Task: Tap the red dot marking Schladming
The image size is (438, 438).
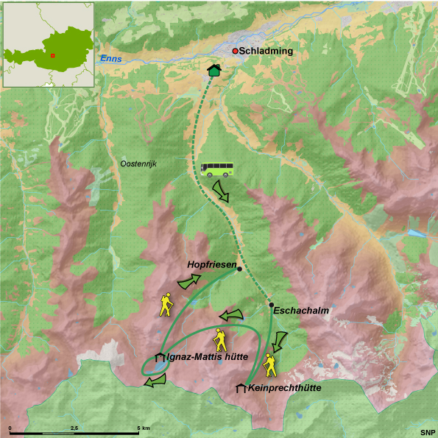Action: pyautogui.click(x=236, y=51)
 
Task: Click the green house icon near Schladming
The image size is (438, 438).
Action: pyautogui.click(x=214, y=70)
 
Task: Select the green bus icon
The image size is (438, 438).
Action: pyautogui.click(x=217, y=171)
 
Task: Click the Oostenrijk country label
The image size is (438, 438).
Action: pyautogui.click(x=139, y=163)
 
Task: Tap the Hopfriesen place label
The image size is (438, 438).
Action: pyautogui.click(x=212, y=263)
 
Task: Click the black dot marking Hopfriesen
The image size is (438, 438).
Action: pyautogui.click(x=240, y=269)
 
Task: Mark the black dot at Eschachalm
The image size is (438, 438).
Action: pyautogui.click(x=272, y=305)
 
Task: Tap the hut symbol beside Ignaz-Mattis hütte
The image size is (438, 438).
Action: pyautogui.click(x=159, y=358)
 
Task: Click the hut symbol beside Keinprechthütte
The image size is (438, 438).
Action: pyautogui.click(x=241, y=388)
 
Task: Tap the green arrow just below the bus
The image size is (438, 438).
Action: pyautogui.click(x=220, y=194)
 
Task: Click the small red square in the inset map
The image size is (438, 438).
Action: pyautogui.click(x=53, y=54)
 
